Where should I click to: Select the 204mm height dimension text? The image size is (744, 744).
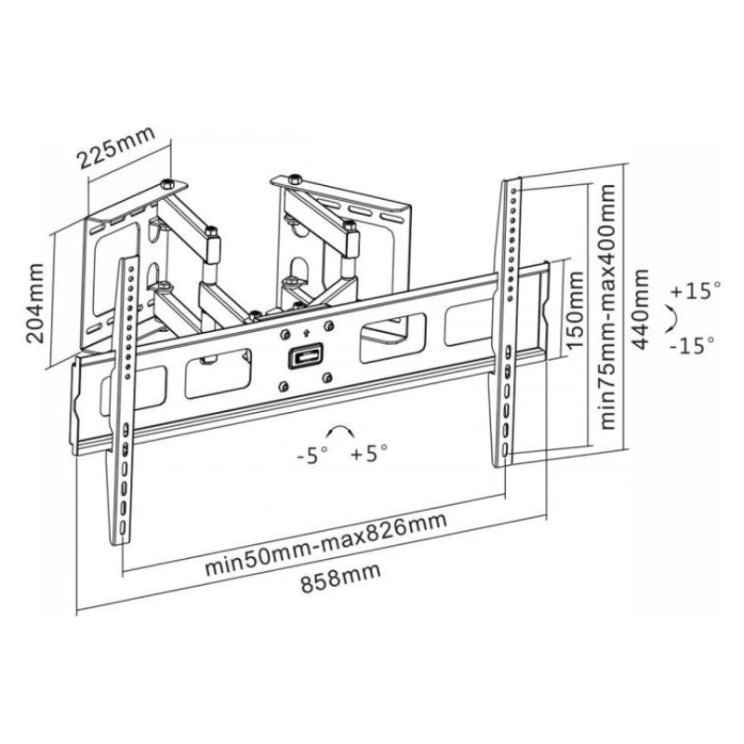35,303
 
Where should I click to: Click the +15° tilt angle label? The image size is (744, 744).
694,291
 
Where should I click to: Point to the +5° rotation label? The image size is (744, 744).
369,455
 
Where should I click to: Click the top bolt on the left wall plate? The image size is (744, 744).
166,181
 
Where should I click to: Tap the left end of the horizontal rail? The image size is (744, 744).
75,409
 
